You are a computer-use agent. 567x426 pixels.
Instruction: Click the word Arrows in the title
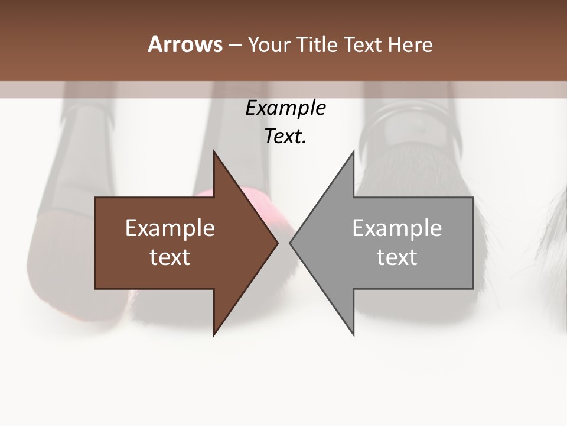(x=185, y=44)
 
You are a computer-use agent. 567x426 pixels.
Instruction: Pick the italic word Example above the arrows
(x=285, y=108)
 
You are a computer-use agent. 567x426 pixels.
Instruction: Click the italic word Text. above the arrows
(x=285, y=137)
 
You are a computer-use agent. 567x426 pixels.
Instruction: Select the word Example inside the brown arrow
(x=170, y=228)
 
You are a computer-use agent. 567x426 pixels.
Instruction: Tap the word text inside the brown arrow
(x=170, y=257)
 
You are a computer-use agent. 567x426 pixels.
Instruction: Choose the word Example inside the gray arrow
(x=397, y=228)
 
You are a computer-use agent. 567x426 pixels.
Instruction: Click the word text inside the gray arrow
(x=397, y=257)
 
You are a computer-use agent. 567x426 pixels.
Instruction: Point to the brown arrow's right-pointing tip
(x=277, y=243)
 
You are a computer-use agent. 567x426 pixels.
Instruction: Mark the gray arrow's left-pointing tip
(x=291, y=243)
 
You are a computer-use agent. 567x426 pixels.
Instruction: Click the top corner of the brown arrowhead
(x=214, y=151)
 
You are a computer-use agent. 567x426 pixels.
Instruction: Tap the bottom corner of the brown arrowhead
(x=214, y=335)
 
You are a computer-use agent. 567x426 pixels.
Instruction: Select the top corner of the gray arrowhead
(x=353, y=151)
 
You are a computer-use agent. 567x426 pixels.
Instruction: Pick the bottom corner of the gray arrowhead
(x=353, y=335)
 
